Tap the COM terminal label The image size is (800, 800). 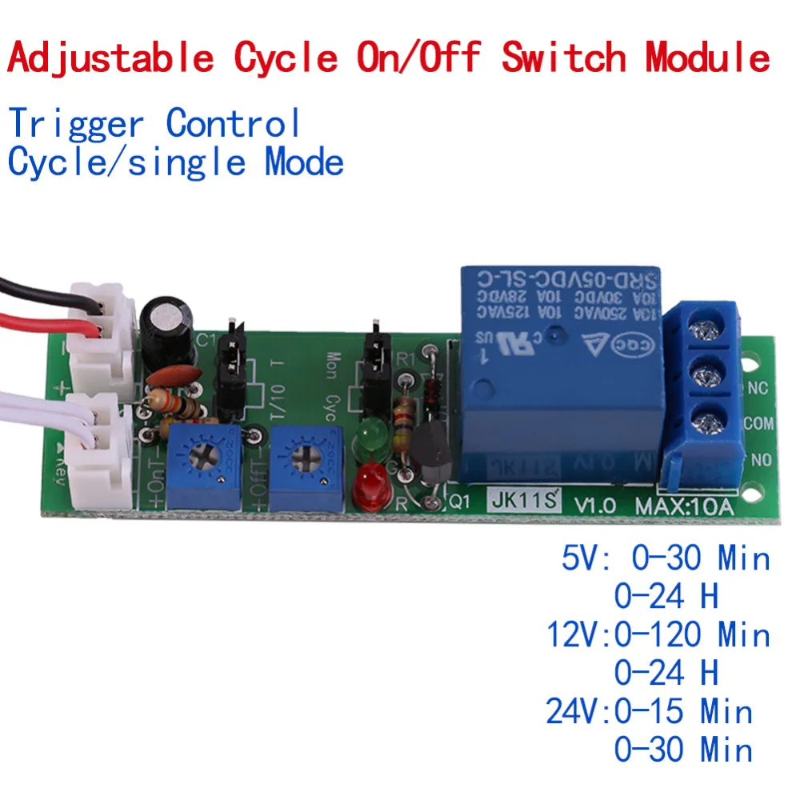pos(758,424)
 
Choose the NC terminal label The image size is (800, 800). pos(758,389)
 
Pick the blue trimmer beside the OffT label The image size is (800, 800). pos(307,462)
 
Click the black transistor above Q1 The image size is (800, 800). pos(431,456)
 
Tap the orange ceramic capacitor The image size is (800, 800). pos(171,375)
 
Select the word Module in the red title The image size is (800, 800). pos(709,57)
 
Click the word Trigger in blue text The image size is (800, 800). pos(77,124)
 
